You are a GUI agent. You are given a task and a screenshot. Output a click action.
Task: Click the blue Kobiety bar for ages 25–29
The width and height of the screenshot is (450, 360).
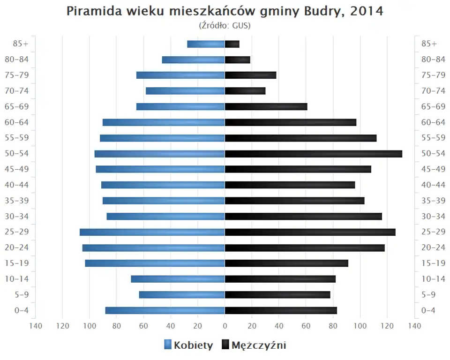pyautogui.click(x=152, y=232)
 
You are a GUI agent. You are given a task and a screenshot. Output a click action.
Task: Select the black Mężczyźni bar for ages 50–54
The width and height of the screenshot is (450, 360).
pyautogui.click(x=313, y=154)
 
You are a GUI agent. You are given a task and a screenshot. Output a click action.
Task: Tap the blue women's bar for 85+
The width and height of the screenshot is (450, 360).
pyautogui.click(x=206, y=44)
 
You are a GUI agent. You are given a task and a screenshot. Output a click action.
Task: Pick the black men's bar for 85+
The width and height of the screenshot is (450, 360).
pyautogui.click(x=232, y=44)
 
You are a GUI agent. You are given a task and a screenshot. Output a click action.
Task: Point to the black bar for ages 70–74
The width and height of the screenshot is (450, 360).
pyautogui.click(x=245, y=91)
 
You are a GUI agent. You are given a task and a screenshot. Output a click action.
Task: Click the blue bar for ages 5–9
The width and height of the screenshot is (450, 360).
pyautogui.click(x=182, y=295)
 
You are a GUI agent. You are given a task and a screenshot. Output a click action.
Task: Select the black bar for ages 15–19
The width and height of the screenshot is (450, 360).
pyautogui.click(x=286, y=263)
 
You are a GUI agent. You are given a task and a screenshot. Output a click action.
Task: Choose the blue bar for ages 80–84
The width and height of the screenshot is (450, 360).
pyautogui.click(x=194, y=60)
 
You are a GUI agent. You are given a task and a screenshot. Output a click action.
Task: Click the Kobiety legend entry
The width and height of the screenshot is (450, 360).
pyautogui.click(x=188, y=345)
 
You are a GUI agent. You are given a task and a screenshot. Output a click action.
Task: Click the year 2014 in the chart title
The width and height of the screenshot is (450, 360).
pyautogui.click(x=365, y=11)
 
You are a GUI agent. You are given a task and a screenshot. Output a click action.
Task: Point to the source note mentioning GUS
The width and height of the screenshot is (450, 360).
pyautogui.click(x=225, y=25)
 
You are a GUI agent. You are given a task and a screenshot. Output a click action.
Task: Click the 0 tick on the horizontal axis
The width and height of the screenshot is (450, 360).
pyautogui.click(x=225, y=326)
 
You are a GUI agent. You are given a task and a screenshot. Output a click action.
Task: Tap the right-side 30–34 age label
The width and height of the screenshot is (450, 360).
pyautogui.click(x=433, y=216)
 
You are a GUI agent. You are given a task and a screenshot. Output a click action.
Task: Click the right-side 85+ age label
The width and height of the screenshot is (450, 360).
pyautogui.click(x=429, y=44)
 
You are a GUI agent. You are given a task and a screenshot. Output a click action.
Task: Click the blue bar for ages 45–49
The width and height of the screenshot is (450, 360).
pyautogui.click(x=160, y=169)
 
